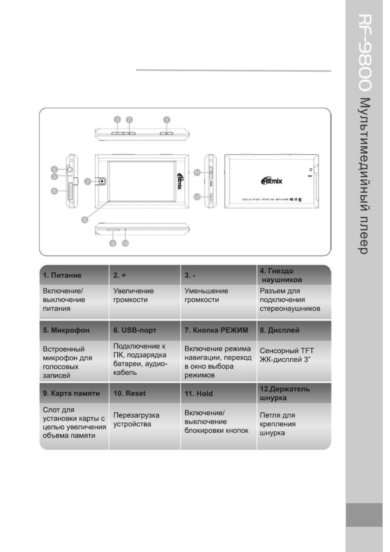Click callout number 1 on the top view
(x=167, y=120)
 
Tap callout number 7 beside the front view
(x=88, y=181)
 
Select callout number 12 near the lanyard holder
(x=197, y=197)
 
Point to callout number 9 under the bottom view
(x=113, y=243)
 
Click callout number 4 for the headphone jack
(x=54, y=169)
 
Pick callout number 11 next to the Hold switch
(x=197, y=172)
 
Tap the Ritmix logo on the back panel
(x=272, y=181)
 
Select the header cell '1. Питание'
(x=62, y=275)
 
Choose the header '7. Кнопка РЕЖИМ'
(x=216, y=330)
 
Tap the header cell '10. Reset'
(x=129, y=393)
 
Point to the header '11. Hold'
(x=198, y=394)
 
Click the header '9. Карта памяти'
(x=71, y=393)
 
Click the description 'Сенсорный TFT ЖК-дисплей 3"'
(x=286, y=355)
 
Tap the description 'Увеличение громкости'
(x=133, y=295)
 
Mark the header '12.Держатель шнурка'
(x=284, y=393)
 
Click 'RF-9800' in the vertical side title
(x=364, y=52)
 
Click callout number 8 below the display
(x=85, y=220)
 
